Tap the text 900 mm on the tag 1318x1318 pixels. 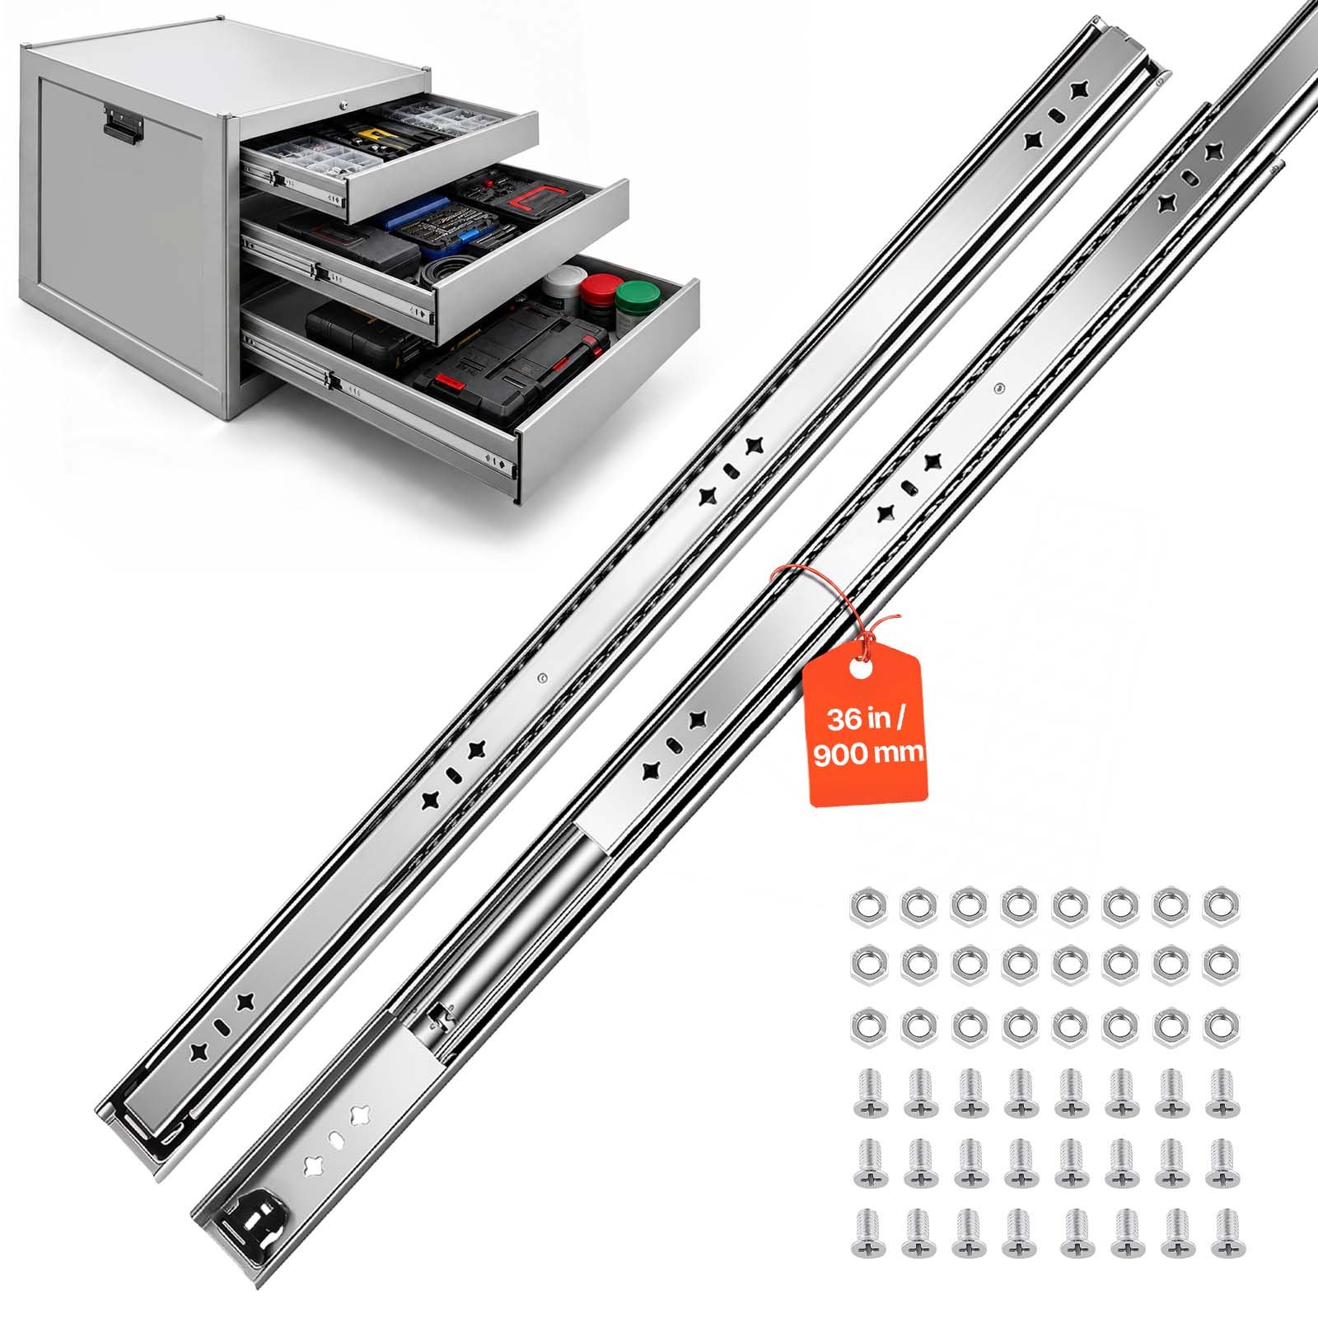coord(868,754)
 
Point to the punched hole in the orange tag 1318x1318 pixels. coord(860,669)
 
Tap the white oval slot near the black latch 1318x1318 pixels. coord(336,1141)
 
